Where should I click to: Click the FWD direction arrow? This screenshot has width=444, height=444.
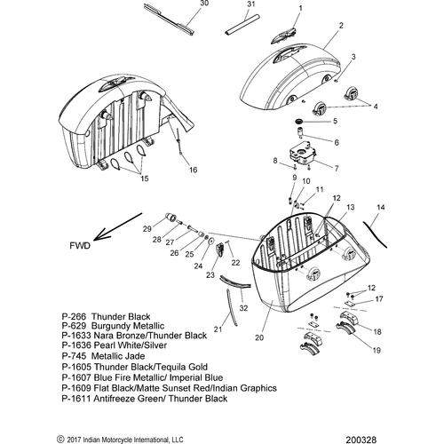[118, 226]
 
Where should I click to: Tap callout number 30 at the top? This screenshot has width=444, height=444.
[204, 4]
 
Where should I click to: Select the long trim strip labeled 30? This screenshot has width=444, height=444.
[170, 20]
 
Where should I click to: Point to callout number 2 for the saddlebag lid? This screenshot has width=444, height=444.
[341, 26]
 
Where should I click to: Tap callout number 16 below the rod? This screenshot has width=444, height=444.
[193, 170]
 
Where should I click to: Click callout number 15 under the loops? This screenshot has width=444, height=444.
[145, 178]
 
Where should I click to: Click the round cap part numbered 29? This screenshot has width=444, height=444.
[170, 217]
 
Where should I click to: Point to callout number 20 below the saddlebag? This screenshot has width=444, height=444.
[259, 337]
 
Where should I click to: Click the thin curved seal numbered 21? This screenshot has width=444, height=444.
[231, 308]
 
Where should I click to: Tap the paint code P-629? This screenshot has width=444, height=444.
[74, 326]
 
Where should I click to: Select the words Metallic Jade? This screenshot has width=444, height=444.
[118, 356]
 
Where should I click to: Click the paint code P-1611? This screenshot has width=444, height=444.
[76, 399]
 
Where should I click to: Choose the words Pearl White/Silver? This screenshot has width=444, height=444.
[131, 345]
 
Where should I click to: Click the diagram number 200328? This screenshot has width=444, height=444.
[361, 440]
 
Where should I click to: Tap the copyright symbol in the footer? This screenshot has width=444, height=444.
[60, 440]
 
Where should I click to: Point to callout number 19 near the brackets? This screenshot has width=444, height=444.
[377, 351]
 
